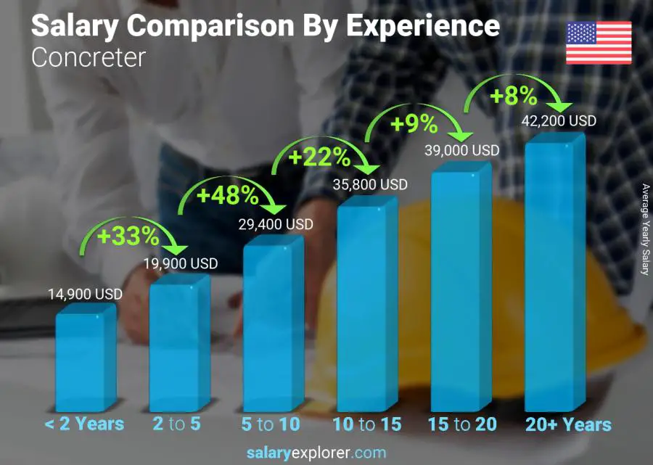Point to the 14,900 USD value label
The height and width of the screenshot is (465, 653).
coord(85,295)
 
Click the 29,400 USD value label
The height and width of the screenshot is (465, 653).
coord(276,225)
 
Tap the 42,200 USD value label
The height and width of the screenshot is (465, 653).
coord(559,121)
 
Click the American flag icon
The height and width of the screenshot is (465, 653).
coord(599,43)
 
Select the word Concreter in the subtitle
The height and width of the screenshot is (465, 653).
coord(89,57)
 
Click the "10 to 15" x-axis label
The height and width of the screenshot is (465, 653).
coord(366,424)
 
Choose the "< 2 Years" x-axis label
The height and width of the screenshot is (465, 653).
coord(85,424)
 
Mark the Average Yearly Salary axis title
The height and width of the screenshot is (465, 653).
coord(644,229)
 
